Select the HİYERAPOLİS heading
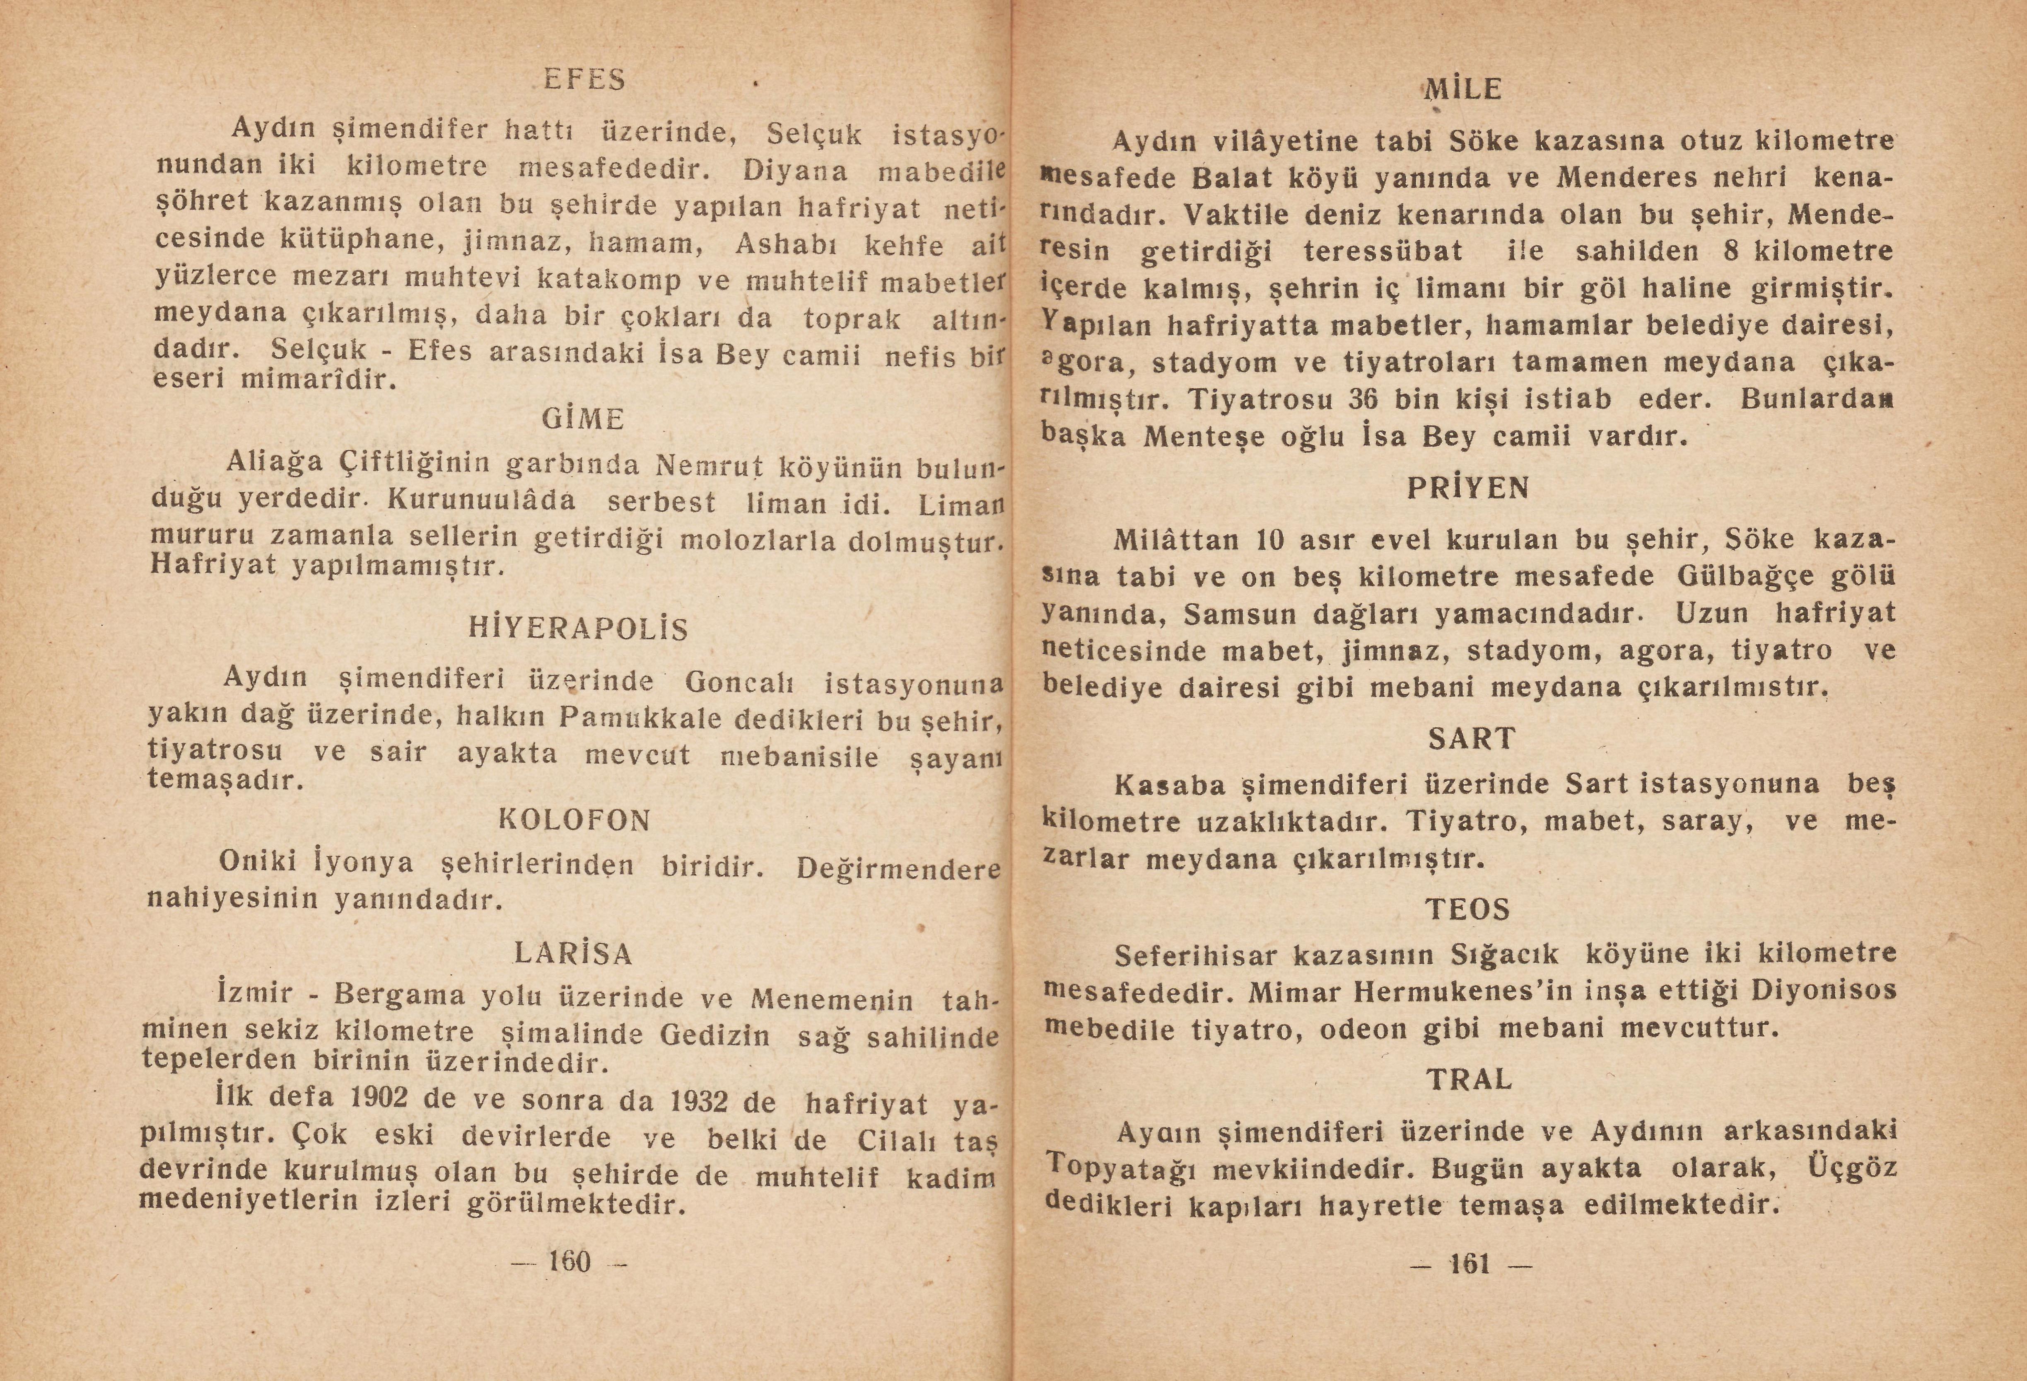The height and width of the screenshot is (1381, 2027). pos(578,629)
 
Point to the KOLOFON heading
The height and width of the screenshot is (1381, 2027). pos(575,820)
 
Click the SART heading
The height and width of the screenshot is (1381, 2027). pos(1472,739)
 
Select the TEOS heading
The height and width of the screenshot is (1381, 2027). pos(1468,910)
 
